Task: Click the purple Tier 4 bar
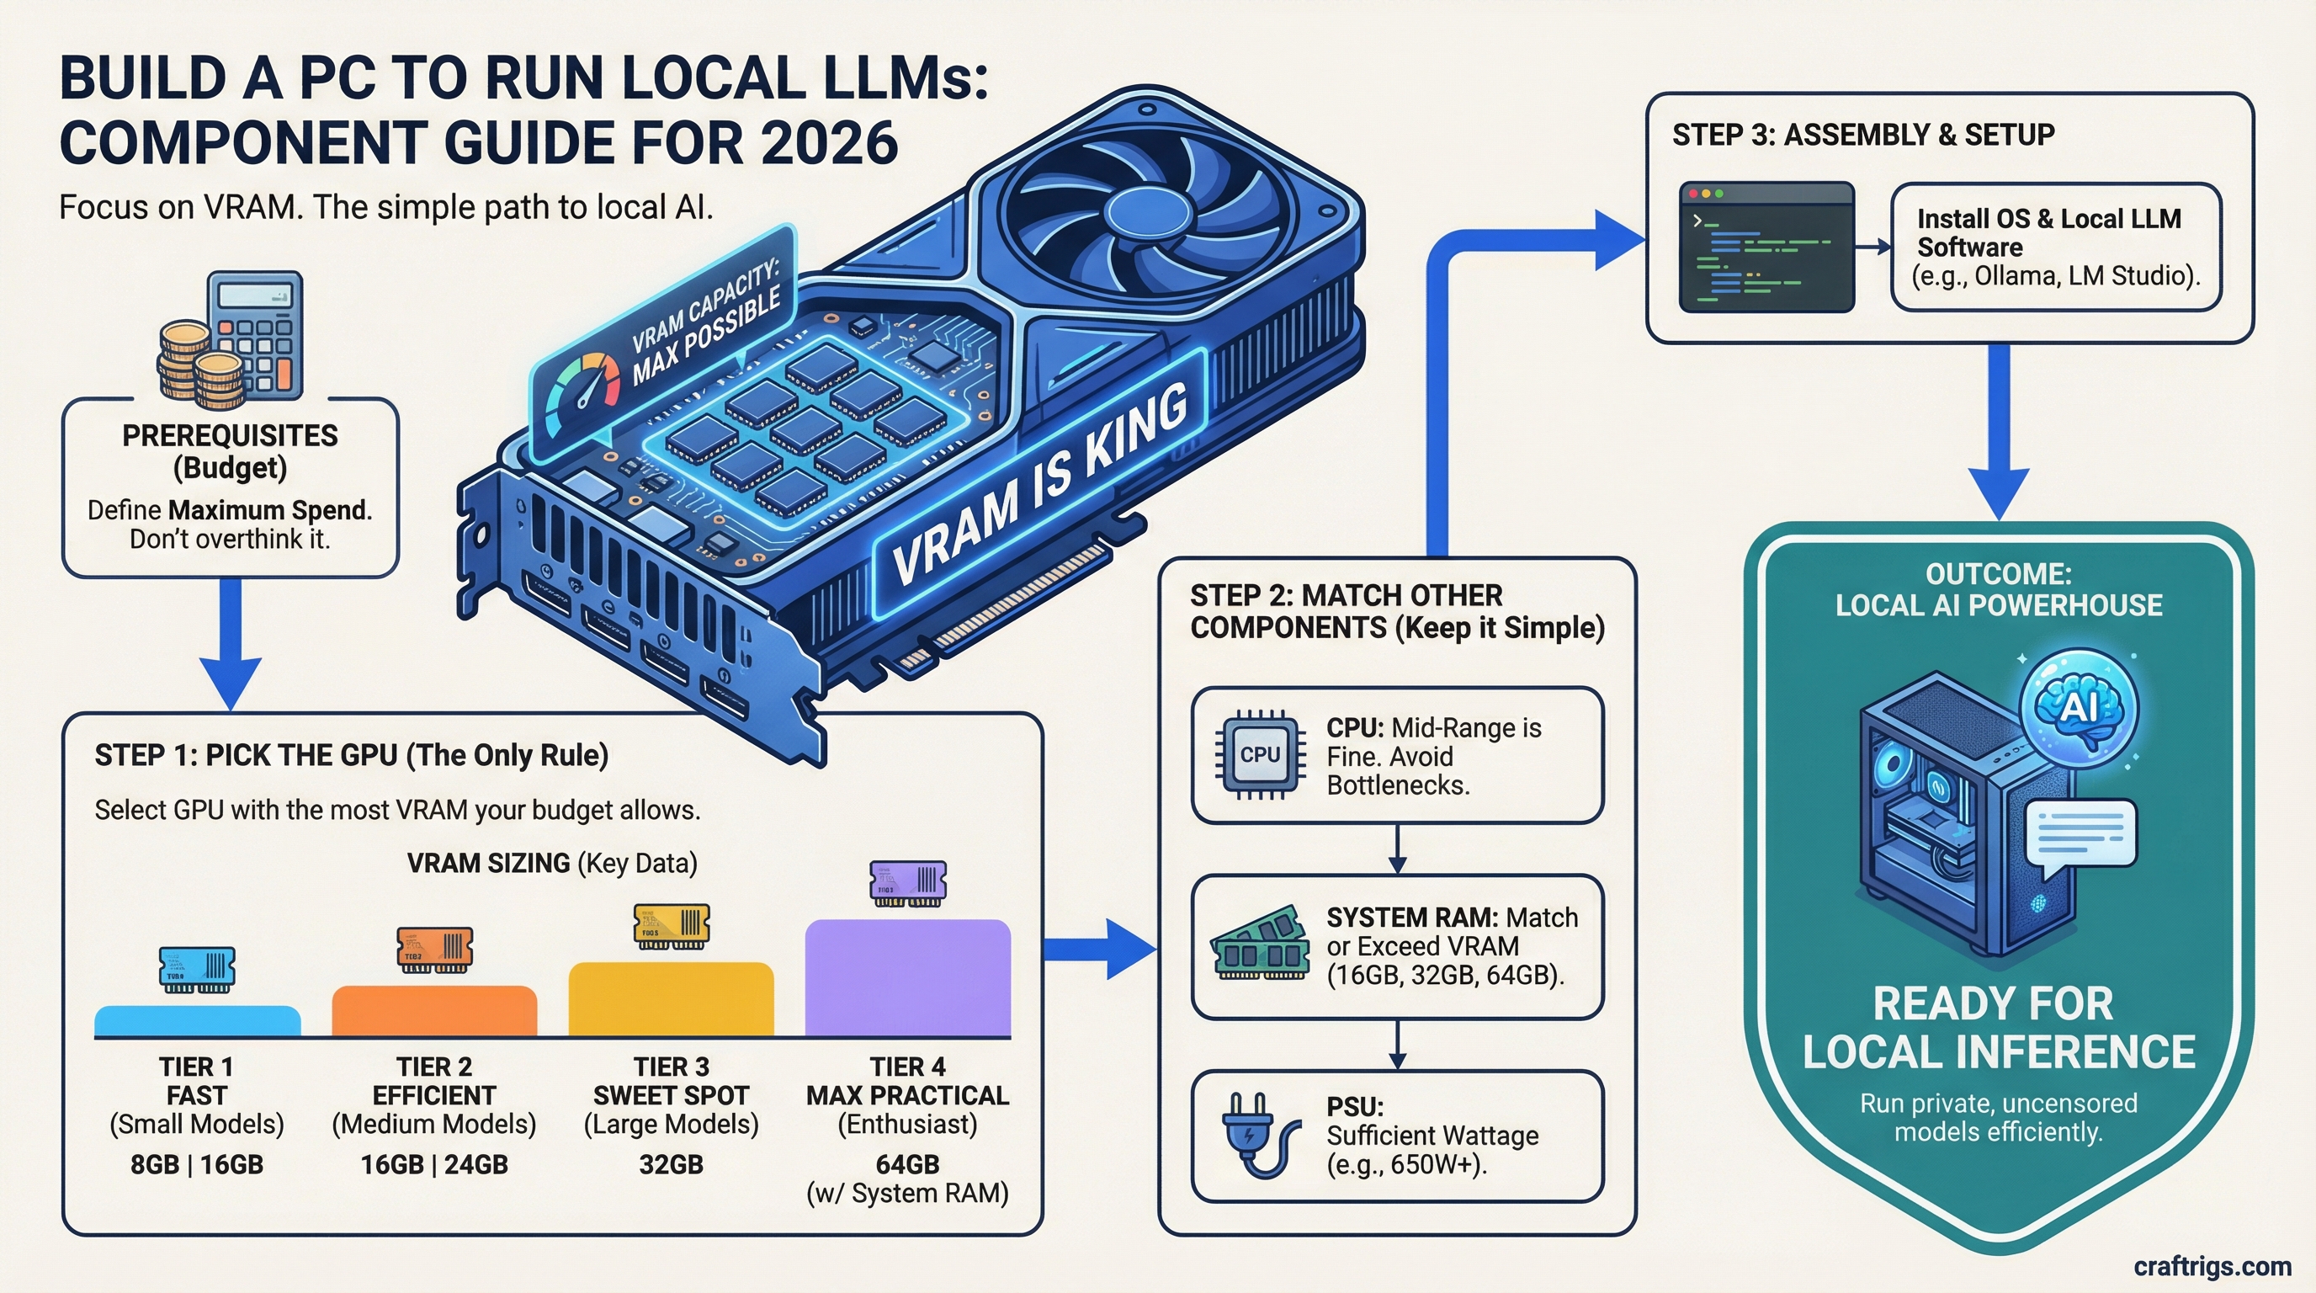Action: (907, 977)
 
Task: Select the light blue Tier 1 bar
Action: (197, 1020)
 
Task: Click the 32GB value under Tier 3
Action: (671, 1164)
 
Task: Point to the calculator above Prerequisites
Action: (256, 333)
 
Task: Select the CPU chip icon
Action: (1260, 755)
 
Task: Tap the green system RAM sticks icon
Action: (1260, 944)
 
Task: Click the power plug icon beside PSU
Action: (1258, 1135)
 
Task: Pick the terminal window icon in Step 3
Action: (1766, 247)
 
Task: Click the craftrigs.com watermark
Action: (2212, 1266)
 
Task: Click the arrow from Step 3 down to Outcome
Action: (1998, 432)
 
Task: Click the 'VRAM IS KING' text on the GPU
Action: (1040, 486)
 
